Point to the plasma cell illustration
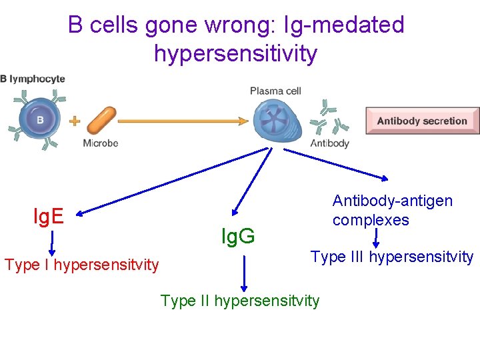[273, 121]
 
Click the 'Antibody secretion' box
[422, 121]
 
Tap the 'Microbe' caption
[101, 143]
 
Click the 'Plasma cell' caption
[275, 91]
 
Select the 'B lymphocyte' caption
[33, 79]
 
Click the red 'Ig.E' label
[49, 216]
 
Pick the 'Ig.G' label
[238, 235]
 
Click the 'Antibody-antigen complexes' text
[392, 210]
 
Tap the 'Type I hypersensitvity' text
[82, 265]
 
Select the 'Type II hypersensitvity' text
[240, 301]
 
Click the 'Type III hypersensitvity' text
[392, 257]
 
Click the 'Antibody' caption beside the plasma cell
[329, 143]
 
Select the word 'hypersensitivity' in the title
[235, 53]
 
